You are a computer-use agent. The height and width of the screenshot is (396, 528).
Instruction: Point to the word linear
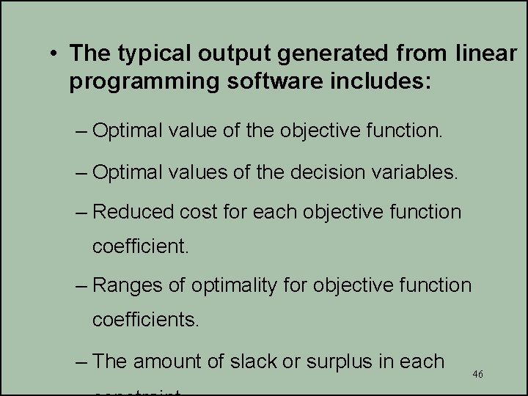click(485, 53)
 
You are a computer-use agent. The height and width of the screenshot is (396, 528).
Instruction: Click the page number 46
click(478, 374)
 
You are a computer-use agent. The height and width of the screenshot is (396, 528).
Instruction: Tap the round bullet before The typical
click(54, 54)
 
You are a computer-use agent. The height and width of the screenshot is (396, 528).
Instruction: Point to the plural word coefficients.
click(146, 320)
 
